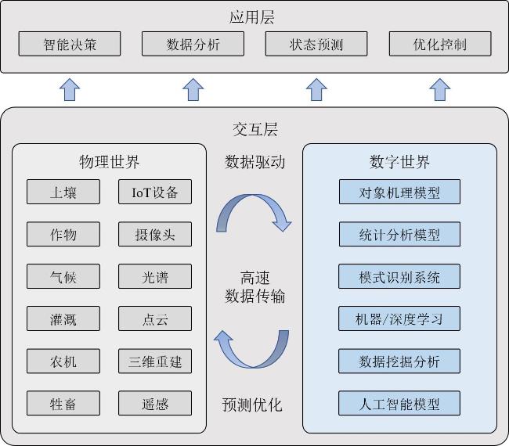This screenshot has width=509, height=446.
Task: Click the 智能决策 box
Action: pyautogui.click(x=70, y=44)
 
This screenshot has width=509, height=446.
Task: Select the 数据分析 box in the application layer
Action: pyautogui.click(x=193, y=44)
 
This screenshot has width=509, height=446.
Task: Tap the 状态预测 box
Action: pyautogui.click(x=316, y=44)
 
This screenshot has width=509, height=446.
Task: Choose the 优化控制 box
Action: pyautogui.click(x=440, y=44)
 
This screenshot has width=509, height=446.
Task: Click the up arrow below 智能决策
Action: pyautogui.click(x=70, y=89)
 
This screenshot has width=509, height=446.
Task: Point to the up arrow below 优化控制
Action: pyautogui.click(x=440, y=89)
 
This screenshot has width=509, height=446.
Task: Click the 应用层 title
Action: pyautogui.click(x=252, y=17)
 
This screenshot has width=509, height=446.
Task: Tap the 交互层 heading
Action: pyautogui.click(x=255, y=129)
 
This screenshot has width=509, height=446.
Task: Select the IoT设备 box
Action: pyautogui.click(x=155, y=192)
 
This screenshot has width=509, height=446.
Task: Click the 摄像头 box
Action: pyautogui.click(x=155, y=234)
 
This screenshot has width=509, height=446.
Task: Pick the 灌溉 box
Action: pyautogui.click(x=63, y=318)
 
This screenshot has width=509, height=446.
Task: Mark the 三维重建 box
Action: pyautogui.click(x=155, y=361)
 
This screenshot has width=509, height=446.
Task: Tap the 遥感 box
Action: pyautogui.click(x=155, y=403)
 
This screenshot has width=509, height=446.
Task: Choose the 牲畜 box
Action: pyautogui.click(x=63, y=403)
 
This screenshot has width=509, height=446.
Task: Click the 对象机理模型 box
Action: pyautogui.click(x=399, y=192)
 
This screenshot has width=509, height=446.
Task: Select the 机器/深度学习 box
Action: pyautogui.click(x=399, y=318)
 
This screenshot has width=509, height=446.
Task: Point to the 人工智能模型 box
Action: pyautogui.click(x=399, y=403)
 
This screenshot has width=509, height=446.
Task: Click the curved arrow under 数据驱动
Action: pyautogui.click(x=253, y=197)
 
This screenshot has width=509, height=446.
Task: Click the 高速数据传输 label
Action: pyautogui.click(x=255, y=287)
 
